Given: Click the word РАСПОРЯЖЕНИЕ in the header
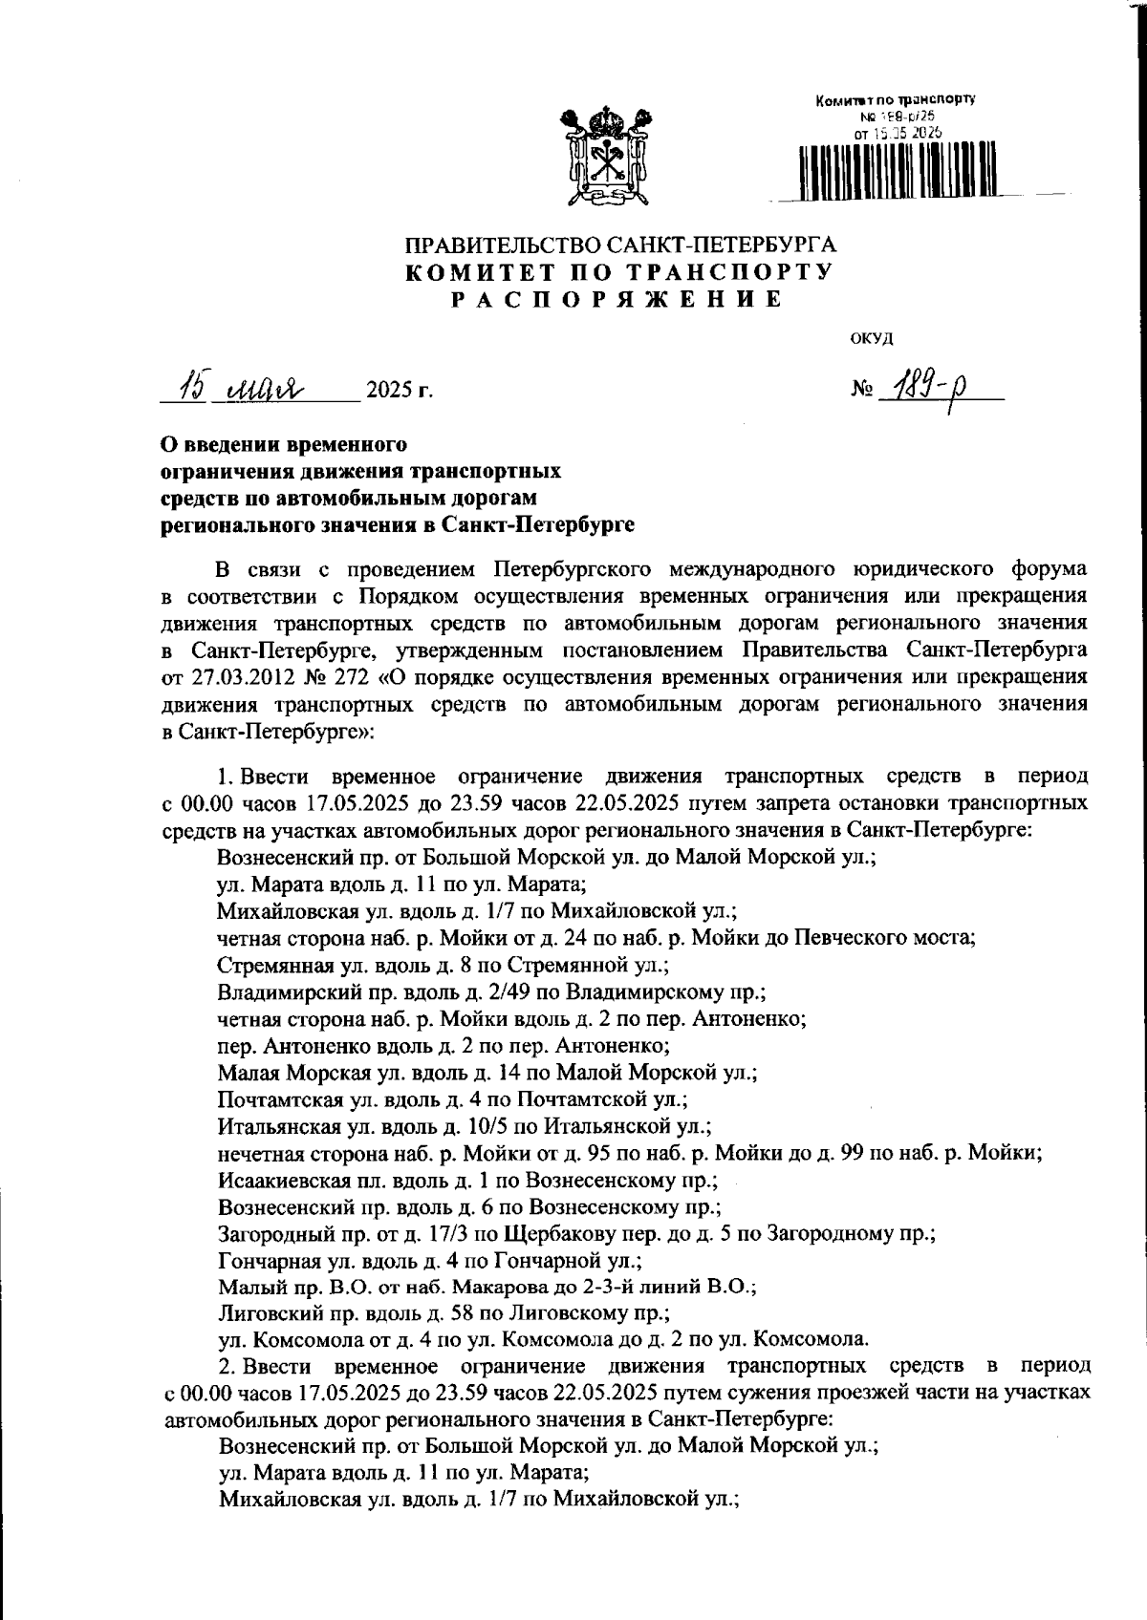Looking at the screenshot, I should point(618,300).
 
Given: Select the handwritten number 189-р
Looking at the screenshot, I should point(917,389).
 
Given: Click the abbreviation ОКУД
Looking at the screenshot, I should point(871,337).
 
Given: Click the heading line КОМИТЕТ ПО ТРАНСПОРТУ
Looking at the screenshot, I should point(620,272).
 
